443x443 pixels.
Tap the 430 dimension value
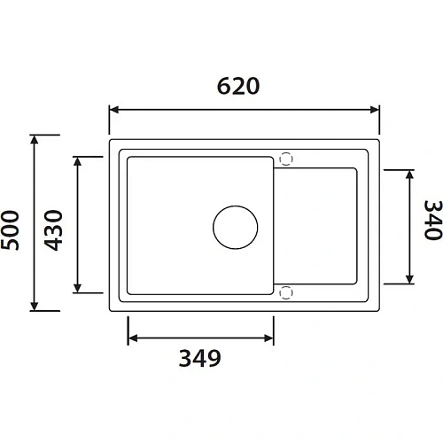tap(54, 229)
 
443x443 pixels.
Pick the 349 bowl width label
tap(199, 359)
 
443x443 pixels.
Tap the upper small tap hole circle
tap(285, 159)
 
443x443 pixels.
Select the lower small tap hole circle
tap(285, 291)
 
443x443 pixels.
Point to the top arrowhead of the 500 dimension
tap(35, 139)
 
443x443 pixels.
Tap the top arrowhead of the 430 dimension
tap(79, 160)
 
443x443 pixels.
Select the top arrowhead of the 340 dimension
tap(410, 173)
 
